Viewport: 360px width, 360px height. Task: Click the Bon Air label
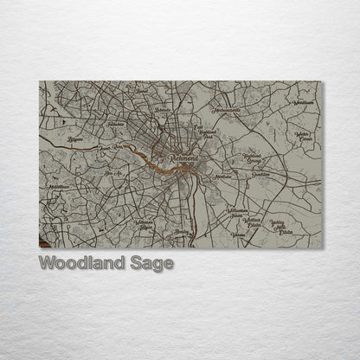(x=112, y=175)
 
